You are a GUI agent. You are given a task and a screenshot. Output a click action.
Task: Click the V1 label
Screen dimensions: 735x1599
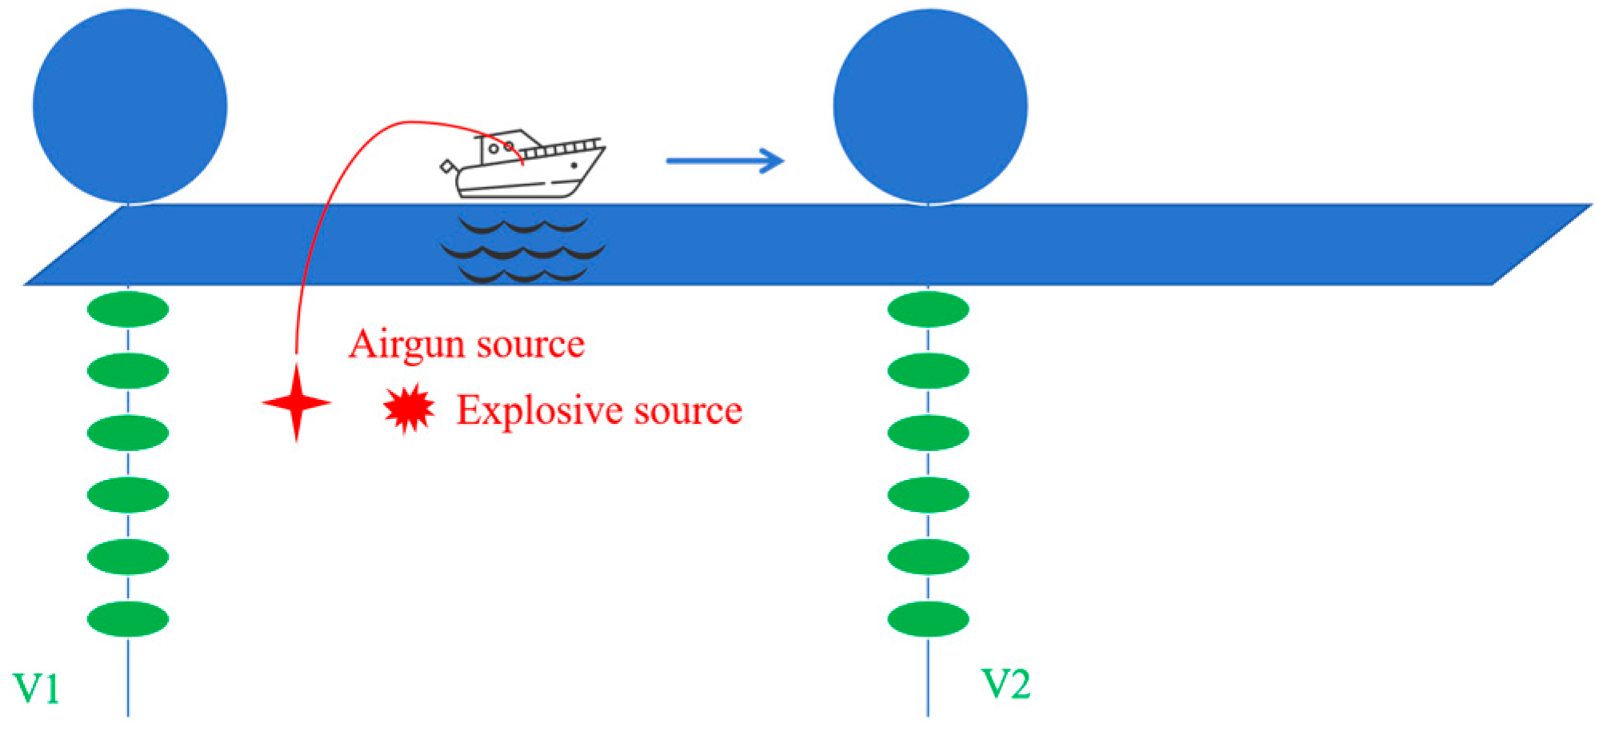(x=37, y=689)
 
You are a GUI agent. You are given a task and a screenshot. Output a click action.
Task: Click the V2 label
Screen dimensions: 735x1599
(x=1005, y=685)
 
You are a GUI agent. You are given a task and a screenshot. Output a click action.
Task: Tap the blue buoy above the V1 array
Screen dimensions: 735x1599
(x=130, y=106)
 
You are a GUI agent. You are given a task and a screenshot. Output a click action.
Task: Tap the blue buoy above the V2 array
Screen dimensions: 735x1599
(x=930, y=106)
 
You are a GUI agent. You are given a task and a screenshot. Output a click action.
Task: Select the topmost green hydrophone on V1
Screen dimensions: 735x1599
(x=128, y=310)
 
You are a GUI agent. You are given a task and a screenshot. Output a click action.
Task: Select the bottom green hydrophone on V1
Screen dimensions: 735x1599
(x=128, y=619)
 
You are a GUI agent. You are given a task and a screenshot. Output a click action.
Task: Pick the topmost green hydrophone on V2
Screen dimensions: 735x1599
(x=928, y=310)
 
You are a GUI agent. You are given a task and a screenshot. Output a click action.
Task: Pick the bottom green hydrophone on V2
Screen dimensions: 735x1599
(x=928, y=619)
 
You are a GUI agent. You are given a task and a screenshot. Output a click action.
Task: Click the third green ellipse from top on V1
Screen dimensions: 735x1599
(x=128, y=433)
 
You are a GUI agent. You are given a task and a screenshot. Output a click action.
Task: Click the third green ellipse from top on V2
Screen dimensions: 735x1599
(x=928, y=433)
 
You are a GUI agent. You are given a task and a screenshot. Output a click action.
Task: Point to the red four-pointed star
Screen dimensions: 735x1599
(x=297, y=403)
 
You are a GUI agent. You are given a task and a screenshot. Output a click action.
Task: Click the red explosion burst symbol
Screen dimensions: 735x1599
(x=409, y=409)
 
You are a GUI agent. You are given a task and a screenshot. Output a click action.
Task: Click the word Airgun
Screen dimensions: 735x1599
(x=408, y=346)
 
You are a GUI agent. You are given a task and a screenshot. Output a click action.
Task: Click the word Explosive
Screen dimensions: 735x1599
(x=540, y=411)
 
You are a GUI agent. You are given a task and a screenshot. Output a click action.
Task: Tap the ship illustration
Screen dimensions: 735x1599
(x=524, y=166)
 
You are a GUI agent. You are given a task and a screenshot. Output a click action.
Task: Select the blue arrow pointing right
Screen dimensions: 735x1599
(x=725, y=161)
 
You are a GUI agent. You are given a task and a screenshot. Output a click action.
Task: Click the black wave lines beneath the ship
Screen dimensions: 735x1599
(x=523, y=250)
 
